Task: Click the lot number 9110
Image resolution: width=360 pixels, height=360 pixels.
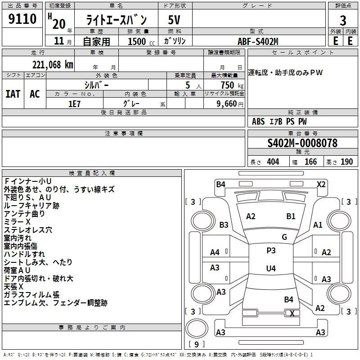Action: coord(22,19)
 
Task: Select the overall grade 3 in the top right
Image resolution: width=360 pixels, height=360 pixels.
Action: coord(343,20)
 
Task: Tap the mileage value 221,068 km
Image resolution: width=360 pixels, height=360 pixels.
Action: coord(53,65)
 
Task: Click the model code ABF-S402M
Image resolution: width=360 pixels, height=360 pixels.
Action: coord(258,41)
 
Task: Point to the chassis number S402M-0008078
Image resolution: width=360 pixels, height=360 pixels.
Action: coord(302,143)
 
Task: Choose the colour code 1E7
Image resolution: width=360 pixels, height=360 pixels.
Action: coord(74,104)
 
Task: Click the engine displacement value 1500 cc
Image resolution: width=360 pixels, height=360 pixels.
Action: coord(141,41)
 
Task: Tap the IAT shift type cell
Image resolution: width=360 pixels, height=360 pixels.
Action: coord(13,94)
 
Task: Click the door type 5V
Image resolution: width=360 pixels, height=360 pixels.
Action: coord(174,20)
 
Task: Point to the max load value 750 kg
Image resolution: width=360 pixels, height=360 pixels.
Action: coord(232,85)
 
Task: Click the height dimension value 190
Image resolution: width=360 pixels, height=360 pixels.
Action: coord(346,162)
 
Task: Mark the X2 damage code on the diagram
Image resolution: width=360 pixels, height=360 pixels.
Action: coord(321,184)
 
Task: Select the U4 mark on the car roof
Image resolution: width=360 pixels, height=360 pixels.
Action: coord(271,268)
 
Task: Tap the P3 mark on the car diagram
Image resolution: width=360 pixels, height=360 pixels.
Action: coord(271,251)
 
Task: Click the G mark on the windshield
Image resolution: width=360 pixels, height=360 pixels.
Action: coord(284,237)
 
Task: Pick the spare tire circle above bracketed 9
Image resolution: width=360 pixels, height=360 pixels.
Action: coord(197,328)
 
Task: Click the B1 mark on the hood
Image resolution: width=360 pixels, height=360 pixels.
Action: coord(291,216)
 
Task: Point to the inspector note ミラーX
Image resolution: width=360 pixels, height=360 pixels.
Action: coord(17,222)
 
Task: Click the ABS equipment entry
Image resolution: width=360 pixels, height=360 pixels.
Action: coord(258,121)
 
